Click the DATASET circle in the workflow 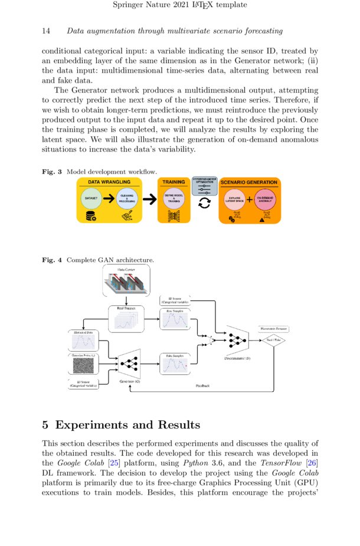[90, 200]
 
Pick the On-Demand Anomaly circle [265, 200]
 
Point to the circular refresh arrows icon [205, 203]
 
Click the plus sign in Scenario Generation [250, 200]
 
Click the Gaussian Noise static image [83, 366]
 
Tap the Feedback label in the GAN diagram [204, 385]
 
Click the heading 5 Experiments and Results [121, 425]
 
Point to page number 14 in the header [46, 31]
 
